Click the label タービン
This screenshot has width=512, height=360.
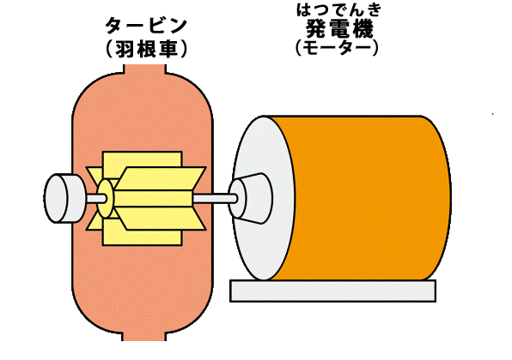click(x=146, y=26)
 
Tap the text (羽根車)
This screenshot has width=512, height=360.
click(x=146, y=50)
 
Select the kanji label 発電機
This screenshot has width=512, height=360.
click(x=339, y=28)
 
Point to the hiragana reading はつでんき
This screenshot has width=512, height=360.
click(x=339, y=10)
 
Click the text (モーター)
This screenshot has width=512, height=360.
click(x=337, y=48)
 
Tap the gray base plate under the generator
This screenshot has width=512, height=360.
click(x=332, y=291)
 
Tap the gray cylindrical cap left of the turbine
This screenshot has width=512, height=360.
click(x=64, y=198)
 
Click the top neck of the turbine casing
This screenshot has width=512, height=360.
click(x=144, y=69)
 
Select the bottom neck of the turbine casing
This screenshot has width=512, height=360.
click(x=144, y=336)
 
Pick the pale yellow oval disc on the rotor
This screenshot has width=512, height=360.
click(x=105, y=198)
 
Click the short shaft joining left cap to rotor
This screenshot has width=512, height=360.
click(x=96, y=198)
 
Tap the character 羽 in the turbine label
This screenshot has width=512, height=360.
click(x=125, y=50)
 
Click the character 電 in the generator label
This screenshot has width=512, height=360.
click(x=339, y=28)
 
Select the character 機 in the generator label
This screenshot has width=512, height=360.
click(x=363, y=28)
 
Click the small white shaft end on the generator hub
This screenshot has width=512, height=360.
click(x=234, y=198)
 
